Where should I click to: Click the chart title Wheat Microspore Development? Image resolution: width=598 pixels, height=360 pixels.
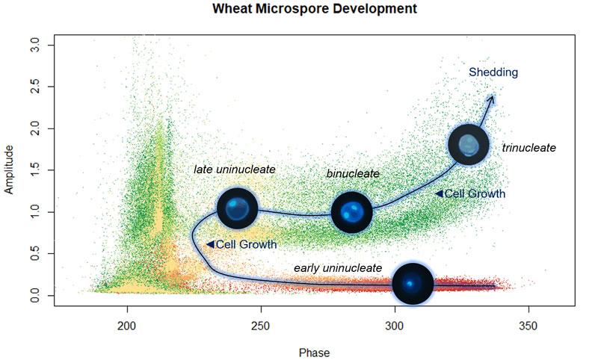[314, 10]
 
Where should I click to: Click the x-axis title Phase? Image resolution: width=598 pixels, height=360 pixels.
[314, 351]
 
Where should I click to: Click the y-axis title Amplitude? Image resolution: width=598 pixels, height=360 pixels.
[10, 170]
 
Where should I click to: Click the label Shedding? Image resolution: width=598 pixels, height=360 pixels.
[493, 72]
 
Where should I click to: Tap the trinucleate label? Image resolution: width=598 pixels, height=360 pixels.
[529, 148]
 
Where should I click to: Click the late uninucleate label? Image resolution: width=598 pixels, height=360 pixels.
[235, 170]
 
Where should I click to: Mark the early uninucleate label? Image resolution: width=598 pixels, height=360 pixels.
[338, 267]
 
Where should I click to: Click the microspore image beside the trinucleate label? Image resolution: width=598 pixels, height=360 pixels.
[468, 146]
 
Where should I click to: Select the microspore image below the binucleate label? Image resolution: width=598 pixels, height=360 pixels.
[351, 212]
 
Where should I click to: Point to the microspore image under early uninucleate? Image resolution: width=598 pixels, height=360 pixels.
[413, 284]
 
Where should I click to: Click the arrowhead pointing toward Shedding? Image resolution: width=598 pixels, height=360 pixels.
[491, 97]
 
